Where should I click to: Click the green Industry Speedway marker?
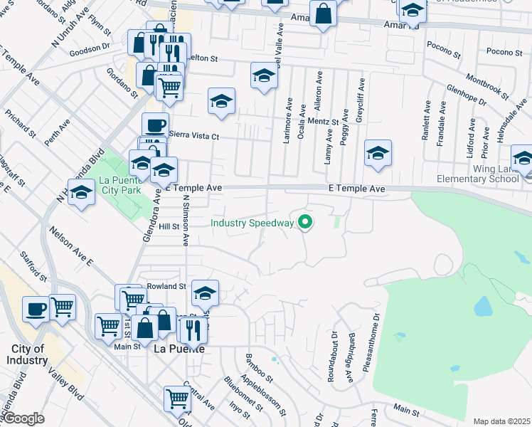[306, 223]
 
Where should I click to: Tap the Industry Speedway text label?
[252, 223]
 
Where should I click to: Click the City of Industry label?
[28, 354]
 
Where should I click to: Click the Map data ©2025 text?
[501, 421]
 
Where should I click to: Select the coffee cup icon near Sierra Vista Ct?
[155, 126]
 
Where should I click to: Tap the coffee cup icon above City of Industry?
[36, 309]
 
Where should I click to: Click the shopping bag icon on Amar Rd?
[323, 14]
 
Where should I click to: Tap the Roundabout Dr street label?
[333, 356]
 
